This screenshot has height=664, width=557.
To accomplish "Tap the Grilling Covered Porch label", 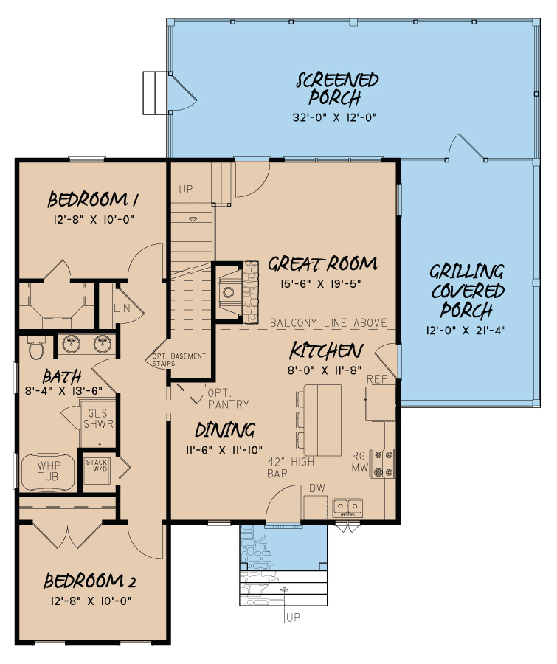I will click(x=467, y=290).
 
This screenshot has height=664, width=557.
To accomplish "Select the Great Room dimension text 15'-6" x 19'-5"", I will click(x=322, y=283).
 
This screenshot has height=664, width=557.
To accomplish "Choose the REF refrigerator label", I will click(x=377, y=379).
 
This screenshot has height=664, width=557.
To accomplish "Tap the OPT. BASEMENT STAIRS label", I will click(x=179, y=360).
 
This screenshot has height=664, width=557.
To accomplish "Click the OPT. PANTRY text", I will click(x=227, y=398).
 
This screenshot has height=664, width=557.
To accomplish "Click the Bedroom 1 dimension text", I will click(x=94, y=219).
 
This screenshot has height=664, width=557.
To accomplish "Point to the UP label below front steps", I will click(x=293, y=617).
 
